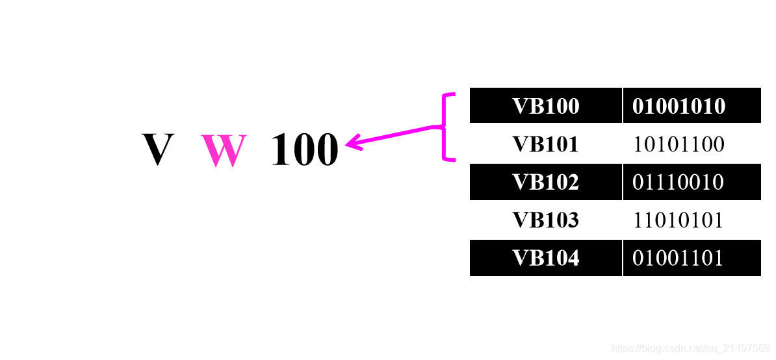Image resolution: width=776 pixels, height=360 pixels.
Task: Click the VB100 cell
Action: [x=545, y=106]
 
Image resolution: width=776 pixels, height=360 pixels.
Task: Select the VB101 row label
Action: [x=545, y=144]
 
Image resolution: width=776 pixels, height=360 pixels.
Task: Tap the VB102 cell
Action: [x=545, y=182]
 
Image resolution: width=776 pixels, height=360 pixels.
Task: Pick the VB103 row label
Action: [x=545, y=220]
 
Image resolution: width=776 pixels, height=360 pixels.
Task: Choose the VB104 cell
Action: [x=545, y=258]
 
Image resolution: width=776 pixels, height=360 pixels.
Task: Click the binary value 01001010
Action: [x=679, y=106]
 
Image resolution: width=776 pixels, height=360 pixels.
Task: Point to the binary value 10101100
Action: [x=679, y=144]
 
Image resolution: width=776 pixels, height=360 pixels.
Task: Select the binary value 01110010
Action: [x=679, y=182]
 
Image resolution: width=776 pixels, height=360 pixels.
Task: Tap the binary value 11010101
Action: [x=679, y=220]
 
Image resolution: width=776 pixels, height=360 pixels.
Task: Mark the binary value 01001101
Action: [x=679, y=258]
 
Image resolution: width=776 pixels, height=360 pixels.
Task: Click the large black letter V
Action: [x=158, y=149]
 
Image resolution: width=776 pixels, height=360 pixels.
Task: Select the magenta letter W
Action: [x=224, y=150]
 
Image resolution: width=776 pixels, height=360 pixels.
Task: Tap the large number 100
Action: [x=305, y=150]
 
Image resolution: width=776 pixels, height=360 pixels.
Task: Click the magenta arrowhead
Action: [x=353, y=142]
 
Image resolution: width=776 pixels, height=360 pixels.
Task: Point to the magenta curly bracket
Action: [x=446, y=127]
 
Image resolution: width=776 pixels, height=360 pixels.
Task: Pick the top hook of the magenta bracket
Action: [x=450, y=96]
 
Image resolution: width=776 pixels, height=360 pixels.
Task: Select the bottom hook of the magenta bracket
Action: [x=450, y=158]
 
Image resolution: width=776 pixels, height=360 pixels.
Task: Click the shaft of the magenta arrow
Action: [x=396, y=134]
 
